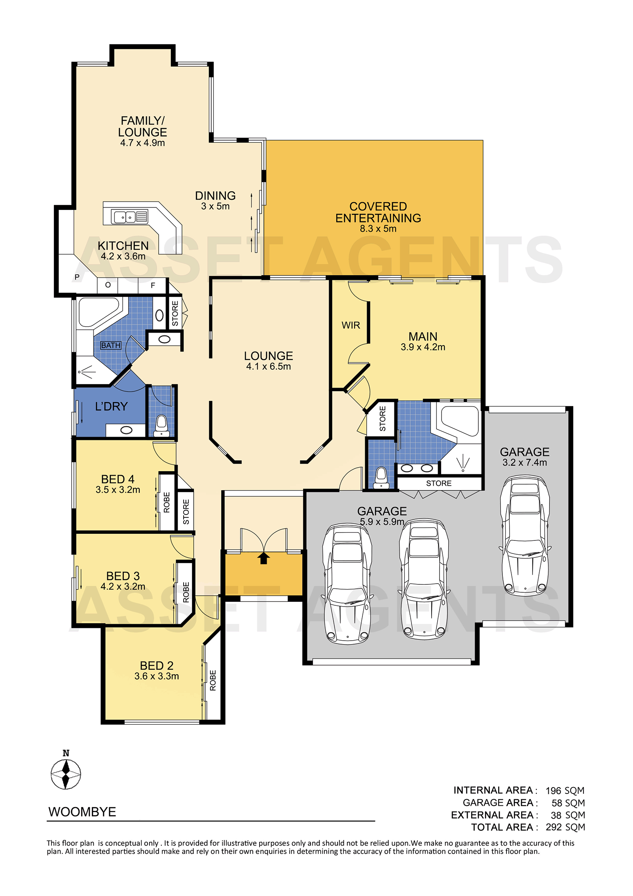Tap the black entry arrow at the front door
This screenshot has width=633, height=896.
[263, 558]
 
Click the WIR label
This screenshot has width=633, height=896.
[351, 325]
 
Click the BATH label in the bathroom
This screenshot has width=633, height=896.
[111, 345]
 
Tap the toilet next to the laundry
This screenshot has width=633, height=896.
[161, 426]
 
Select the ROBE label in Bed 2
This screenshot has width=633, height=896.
[213, 680]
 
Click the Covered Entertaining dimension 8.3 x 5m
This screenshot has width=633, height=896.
[378, 228]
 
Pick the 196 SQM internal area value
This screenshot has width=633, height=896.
[565, 791]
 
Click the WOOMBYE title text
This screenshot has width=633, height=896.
[82, 812]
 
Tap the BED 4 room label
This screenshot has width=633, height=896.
[118, 479]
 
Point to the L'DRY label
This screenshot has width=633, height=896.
[111, 406]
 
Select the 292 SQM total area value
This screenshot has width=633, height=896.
[565, 827]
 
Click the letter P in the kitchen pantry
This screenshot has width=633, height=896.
[77, 277]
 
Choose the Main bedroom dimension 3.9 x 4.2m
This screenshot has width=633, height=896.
[423, 347]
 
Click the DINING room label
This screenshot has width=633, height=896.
[215, 196]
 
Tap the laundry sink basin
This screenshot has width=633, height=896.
[126, 430]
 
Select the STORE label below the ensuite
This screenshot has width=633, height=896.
[439, 483]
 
